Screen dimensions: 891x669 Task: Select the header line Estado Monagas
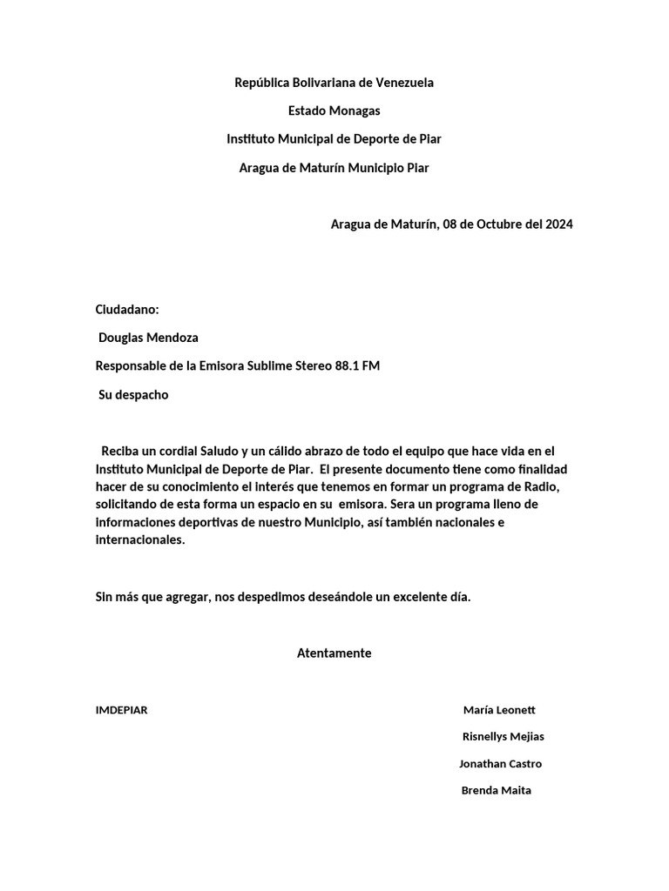coord(334,111)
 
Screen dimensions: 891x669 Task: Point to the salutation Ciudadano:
coord(127,310)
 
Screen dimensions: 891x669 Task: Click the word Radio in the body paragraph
coord(551,486)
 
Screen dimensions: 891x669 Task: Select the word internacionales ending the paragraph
coord(139,539)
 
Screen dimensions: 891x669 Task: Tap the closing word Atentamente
coord(334,653)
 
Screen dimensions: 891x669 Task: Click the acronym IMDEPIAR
coord(121,710)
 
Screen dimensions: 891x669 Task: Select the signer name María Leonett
coord(505,710)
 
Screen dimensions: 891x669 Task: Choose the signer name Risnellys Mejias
coord(503,737)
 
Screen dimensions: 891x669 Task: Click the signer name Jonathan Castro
coord(500,764)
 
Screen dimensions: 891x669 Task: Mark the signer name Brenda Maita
coord(496,791)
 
